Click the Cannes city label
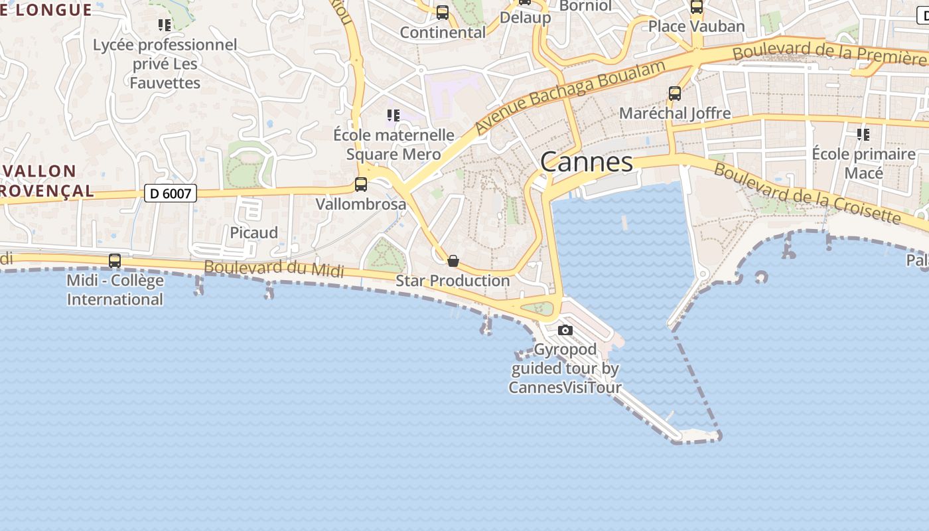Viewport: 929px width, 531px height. [x=587, y=162]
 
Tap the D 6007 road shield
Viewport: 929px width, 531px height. [x=171, y=194]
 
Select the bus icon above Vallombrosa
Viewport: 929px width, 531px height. [x=361, y=185]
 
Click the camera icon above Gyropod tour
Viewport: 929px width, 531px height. [x=565, y=330]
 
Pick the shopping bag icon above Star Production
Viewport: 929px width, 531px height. [x=453, y=261]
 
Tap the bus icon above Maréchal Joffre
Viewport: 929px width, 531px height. [x=675, y=94]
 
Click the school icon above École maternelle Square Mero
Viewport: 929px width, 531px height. [x=393, y=115]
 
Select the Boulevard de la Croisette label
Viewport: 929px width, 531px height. [x=808, y=193]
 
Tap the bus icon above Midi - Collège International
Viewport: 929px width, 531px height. [x=115, y=261]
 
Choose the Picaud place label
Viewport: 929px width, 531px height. [x=253, y=233]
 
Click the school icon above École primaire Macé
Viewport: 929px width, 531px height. [x=863, y=135]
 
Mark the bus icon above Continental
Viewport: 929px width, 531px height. [x=443, y=13]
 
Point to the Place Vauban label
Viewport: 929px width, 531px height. [x=696, y=27]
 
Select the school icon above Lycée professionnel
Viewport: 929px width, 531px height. [x=165, y=25]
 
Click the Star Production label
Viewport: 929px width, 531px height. [x=453, y=281]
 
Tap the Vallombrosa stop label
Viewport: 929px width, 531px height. [x=361, y=204]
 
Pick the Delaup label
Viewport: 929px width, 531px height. [x=525, y=17]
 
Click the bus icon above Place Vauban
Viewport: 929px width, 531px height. [x=697, y=7]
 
